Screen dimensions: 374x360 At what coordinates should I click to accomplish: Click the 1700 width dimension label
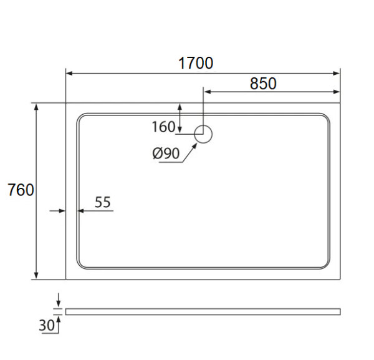(x=196, y=63)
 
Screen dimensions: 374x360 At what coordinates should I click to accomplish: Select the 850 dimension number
(x=263, y=84)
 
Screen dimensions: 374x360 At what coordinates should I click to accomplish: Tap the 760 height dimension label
(x=21, y=190)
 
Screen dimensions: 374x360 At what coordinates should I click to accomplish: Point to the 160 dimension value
(x=163, y=127)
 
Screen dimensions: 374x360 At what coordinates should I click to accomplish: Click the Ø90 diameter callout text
(x=166, y=153)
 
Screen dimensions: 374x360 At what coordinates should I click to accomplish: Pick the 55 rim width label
(x=103, y=202)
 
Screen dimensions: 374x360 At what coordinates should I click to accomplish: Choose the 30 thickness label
(x=47, y=325)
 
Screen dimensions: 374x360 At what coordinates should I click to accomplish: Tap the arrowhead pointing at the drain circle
(x=194, y=145)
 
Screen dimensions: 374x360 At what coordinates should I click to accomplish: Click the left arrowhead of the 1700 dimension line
(x=69, y=73)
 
